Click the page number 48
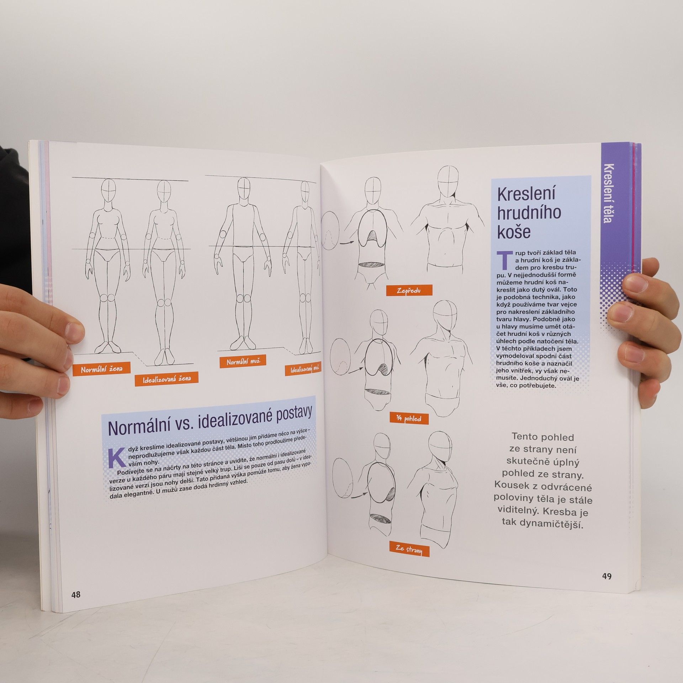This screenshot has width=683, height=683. (76, 594)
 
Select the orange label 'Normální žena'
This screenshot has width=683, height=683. (102, 369)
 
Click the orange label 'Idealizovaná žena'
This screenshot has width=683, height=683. (166, 380)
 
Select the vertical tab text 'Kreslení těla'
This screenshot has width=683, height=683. (609, 194)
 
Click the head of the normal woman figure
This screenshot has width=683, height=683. (109, 191)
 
